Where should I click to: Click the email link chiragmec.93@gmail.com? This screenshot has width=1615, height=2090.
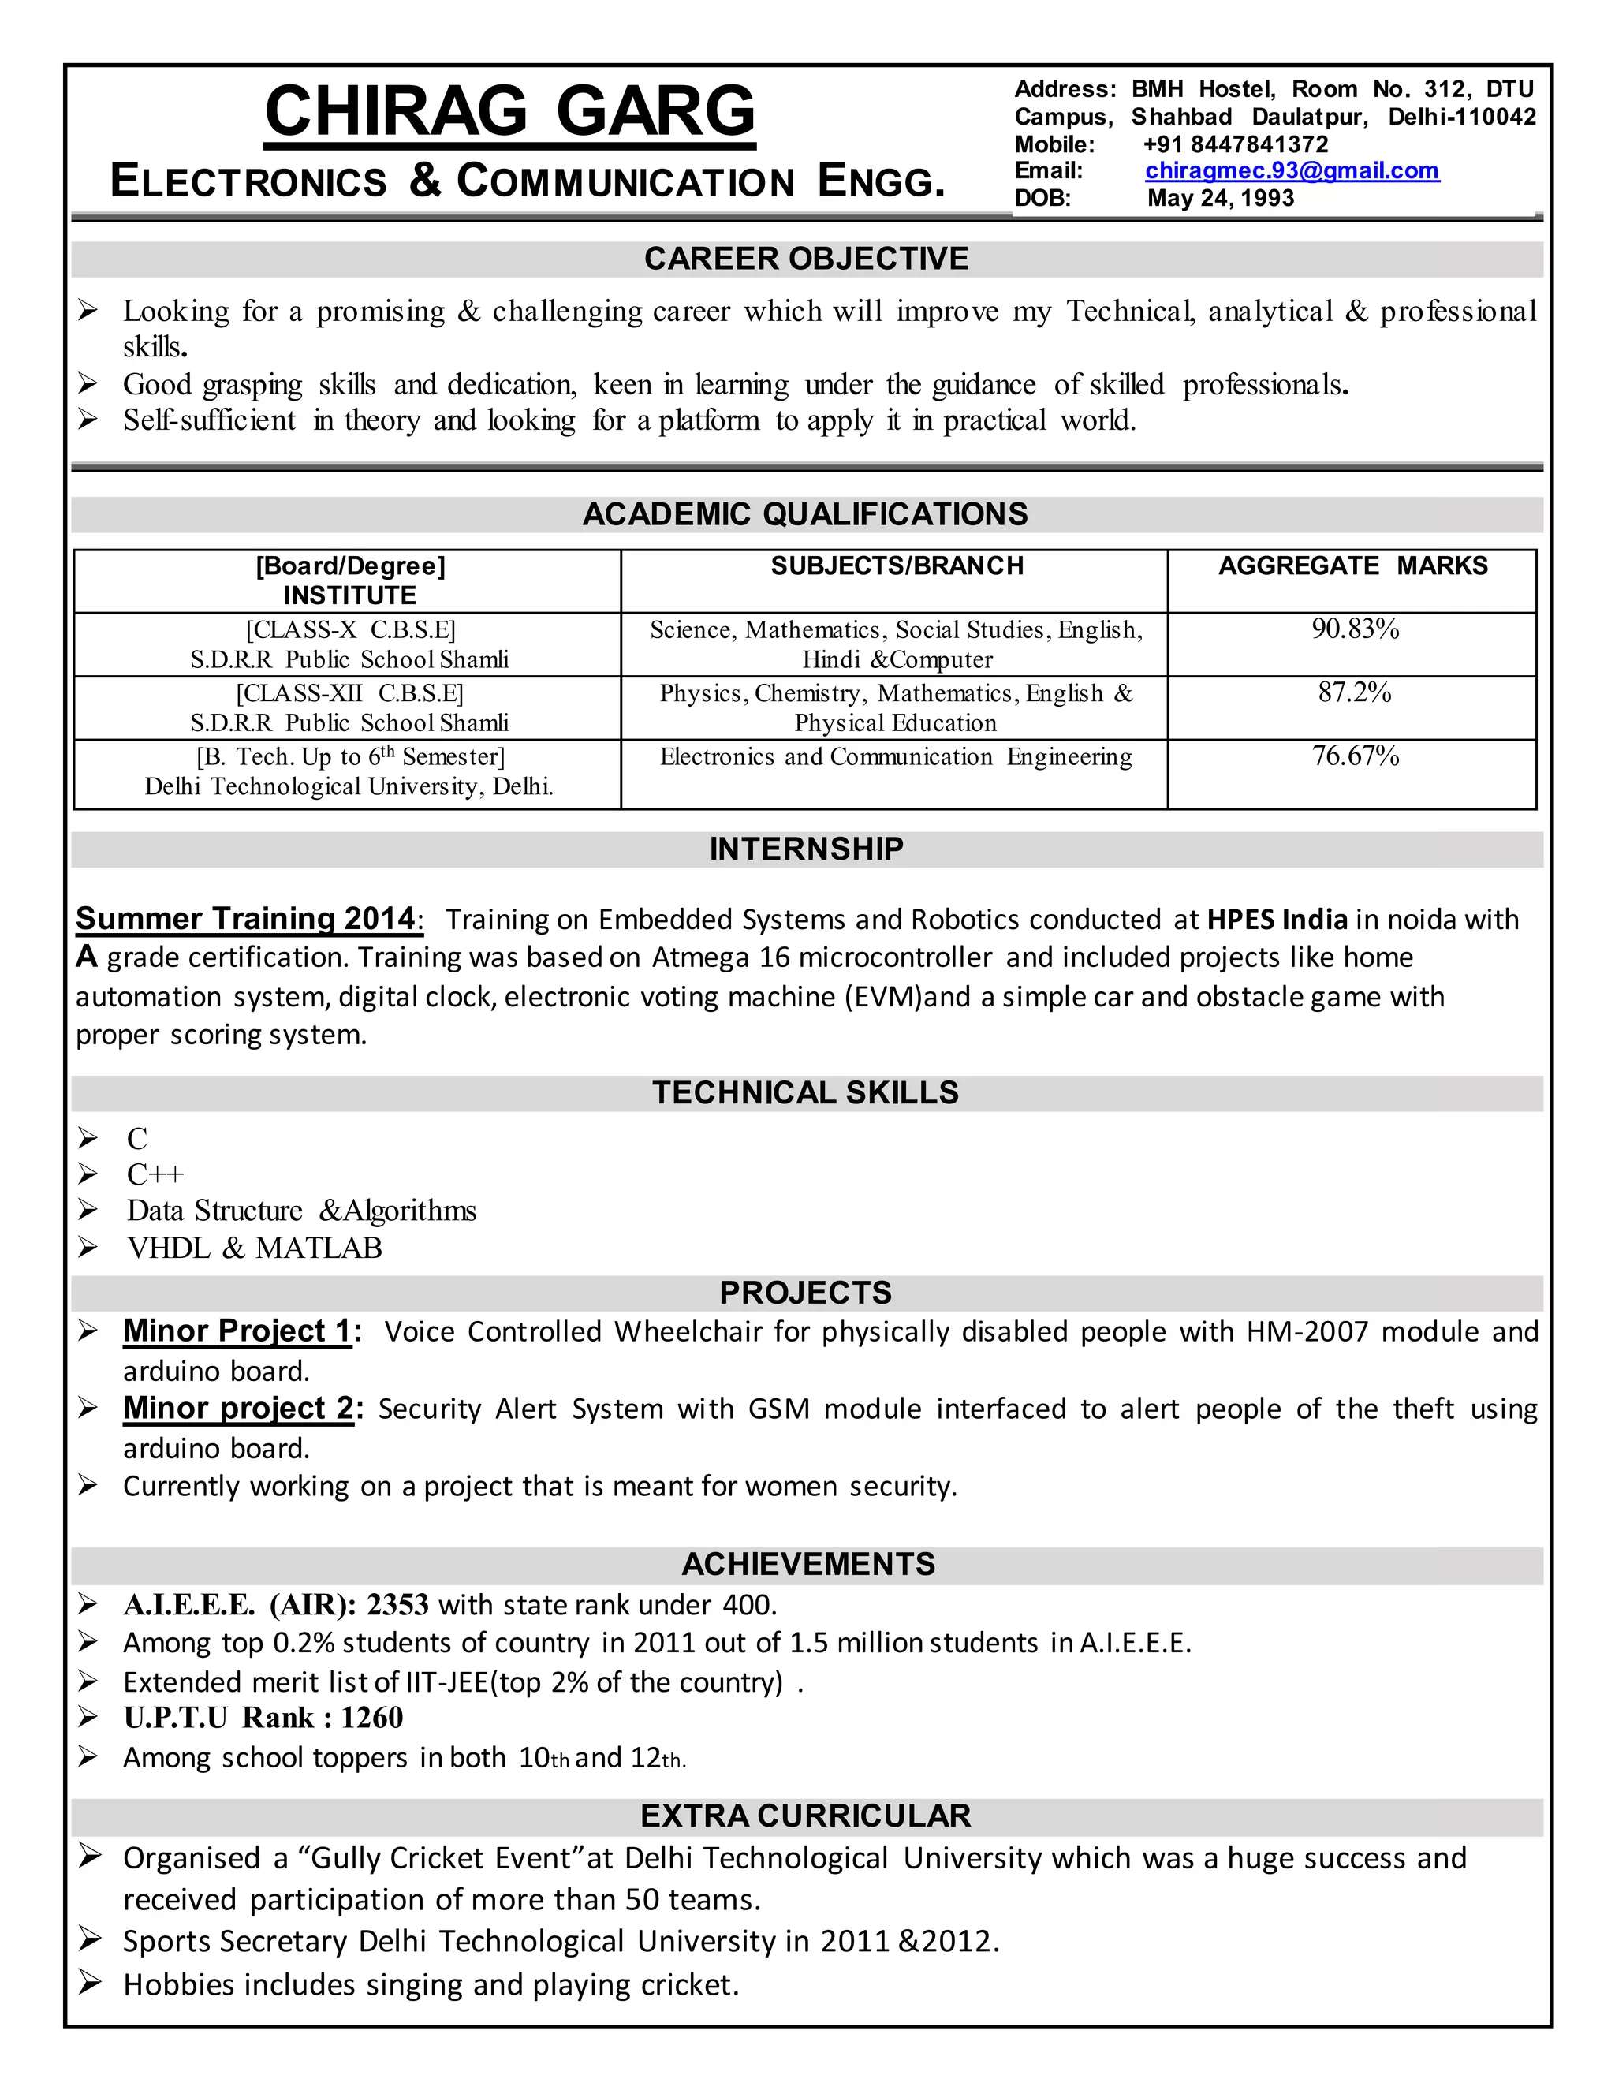coord(1291,170)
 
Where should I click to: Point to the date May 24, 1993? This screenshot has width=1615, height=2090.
coord(1220,198)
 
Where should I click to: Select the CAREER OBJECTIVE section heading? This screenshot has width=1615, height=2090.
coord(806,259)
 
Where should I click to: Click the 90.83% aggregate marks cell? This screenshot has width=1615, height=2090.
coord(1355,629)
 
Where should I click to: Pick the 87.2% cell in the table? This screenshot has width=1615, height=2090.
coord(1354,692)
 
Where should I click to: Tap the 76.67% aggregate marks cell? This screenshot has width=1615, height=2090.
coord(1355,756)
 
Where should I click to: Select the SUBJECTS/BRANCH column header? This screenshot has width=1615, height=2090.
coord(897,565)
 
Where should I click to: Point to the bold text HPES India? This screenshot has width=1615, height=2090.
coord(1277,920)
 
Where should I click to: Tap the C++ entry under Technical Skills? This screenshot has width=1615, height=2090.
coord(155,1174)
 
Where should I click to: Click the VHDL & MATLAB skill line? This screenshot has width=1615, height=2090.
coord(255,1248)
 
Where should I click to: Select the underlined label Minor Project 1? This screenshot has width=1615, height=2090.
coord(237,1331)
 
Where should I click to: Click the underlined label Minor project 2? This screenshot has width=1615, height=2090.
coord(237,1408)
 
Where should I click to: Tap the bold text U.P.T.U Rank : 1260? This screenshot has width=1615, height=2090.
coord(263,1718)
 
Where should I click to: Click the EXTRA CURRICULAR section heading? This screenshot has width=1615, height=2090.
coord(806,1816)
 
